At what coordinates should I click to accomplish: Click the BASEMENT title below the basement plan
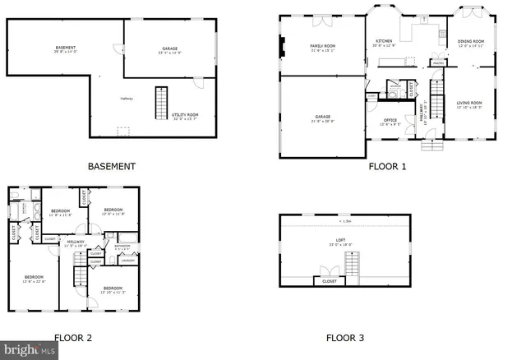(x=111, y=166)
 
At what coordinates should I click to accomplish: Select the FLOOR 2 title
(x=73, y=338)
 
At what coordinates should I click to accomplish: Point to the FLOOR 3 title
(x=344, y=338)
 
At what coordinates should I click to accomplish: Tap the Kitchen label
(x=385, y=41)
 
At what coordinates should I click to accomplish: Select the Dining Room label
(x=471, y=41)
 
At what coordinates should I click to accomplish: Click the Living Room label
(x=469, y=104)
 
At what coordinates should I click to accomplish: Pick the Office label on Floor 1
(x=390, y=122)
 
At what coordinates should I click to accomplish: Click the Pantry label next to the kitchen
(x=439, y=62)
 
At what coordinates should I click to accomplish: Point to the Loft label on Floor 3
(x=341, y=242)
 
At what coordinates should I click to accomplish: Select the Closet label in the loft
(x=330, y=281)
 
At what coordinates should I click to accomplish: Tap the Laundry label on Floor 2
(x=128, y=261)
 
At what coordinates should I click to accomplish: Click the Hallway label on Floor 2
(x=76, y=242)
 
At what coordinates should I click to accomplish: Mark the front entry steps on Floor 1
(x=433, y=145)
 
